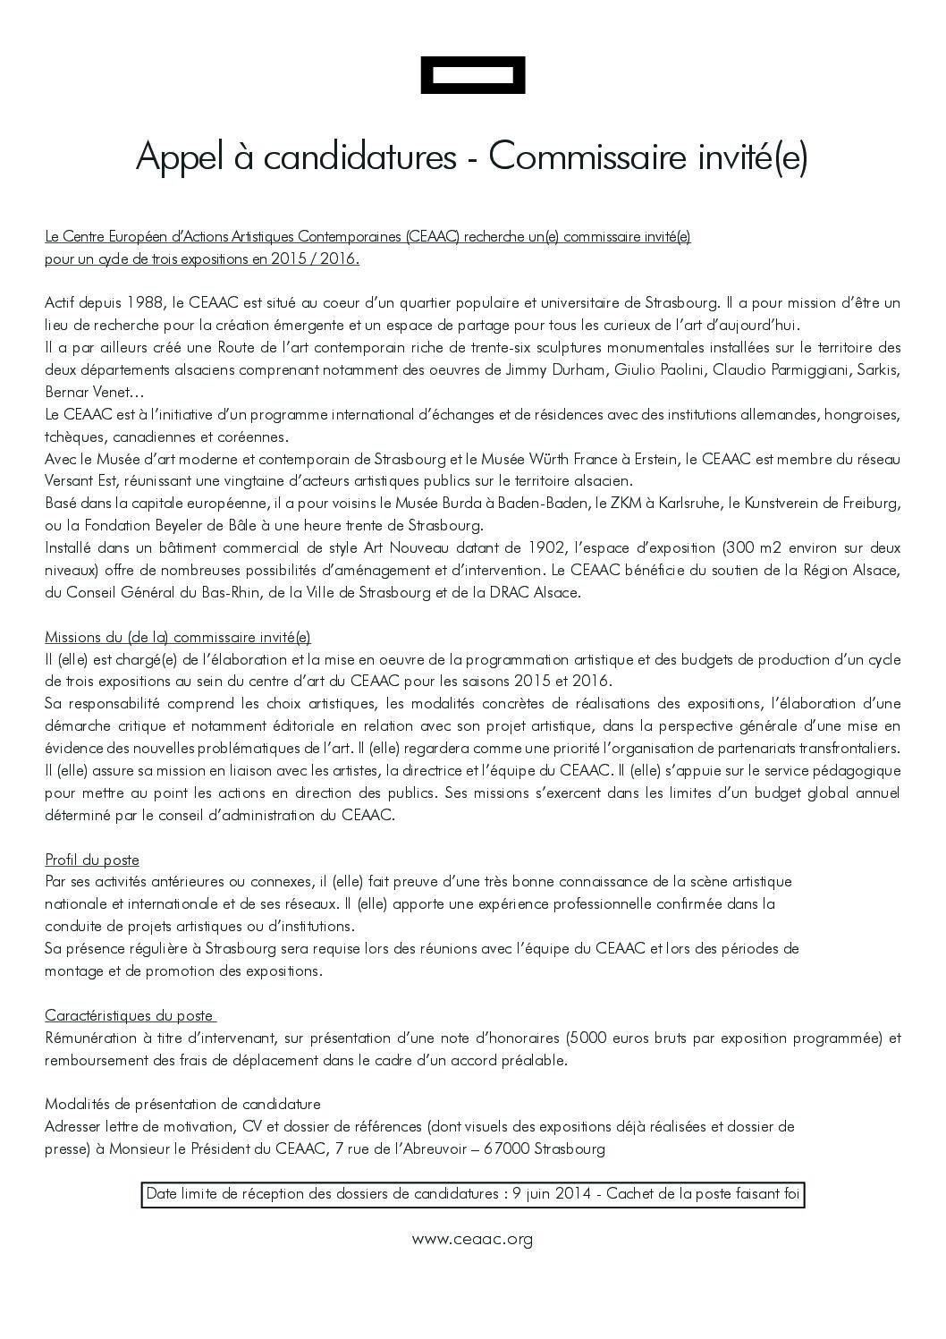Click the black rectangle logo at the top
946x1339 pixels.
472,75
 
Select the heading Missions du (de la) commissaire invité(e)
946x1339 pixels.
178,638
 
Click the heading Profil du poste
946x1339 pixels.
92,860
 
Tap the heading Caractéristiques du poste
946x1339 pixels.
130,1016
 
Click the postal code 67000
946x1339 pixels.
505,1149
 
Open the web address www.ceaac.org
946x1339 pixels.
472,1239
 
